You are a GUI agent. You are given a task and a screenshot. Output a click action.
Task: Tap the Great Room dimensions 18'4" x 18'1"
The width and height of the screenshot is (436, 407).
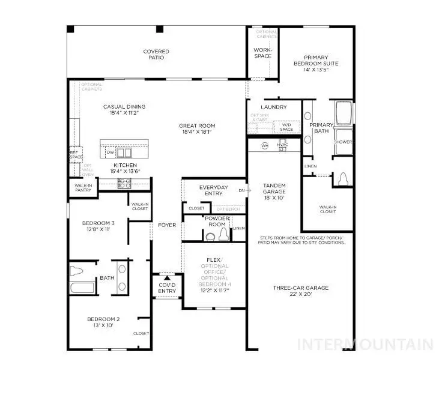[195, 132]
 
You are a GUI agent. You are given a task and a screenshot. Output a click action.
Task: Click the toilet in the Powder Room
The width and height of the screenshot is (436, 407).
[210, 236]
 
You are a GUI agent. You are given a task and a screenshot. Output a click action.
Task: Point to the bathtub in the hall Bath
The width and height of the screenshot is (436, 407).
[82, 287]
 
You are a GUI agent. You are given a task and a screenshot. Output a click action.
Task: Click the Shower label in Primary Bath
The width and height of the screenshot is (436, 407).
[344, 142]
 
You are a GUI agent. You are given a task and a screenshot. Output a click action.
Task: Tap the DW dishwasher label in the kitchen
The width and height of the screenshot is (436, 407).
[110, 152]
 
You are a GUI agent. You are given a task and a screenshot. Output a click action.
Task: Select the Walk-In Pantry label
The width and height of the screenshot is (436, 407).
[83, 188]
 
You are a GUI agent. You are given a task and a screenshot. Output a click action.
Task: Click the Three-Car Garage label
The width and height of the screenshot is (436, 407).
[301, 288]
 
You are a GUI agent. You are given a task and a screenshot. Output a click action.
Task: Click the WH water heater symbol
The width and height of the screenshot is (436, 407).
[264, 145]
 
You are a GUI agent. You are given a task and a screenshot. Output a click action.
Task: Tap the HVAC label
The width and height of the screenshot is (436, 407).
[283, 145]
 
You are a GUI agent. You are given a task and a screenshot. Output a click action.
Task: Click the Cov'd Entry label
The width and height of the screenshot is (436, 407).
[167, 288]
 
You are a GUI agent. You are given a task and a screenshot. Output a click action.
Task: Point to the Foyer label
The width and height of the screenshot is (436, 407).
[167, 225]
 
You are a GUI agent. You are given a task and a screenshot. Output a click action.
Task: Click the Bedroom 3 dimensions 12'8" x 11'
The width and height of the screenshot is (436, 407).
[98, 229]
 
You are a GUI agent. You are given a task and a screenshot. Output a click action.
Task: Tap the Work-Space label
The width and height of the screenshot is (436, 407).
[262, 53]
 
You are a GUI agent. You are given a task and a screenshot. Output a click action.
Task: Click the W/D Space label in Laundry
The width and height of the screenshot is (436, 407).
[286, 127]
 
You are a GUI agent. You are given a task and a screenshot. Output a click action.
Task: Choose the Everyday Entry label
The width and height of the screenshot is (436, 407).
[213, 190]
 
